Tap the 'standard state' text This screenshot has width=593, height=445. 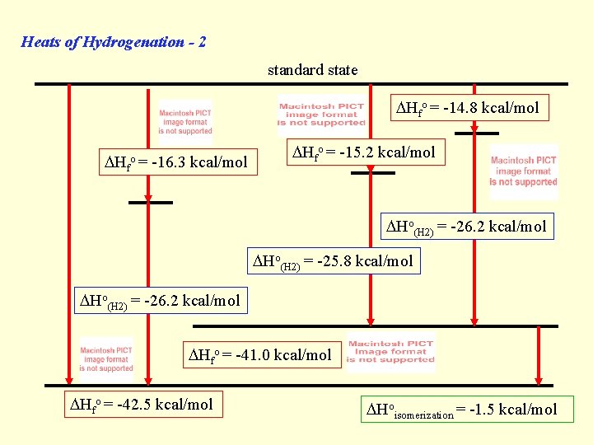[312, 70]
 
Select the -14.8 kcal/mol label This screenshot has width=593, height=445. [469, 107]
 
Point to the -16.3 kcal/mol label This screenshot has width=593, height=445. [173, 162]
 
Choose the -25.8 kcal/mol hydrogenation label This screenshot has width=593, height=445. [333, 262]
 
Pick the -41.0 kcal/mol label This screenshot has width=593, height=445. [260, 355]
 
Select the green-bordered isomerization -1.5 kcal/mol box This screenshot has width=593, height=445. [461, 410]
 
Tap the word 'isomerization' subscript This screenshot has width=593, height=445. [424, 415]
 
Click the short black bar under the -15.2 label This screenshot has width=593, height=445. [373, 173]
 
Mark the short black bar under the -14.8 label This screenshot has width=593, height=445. [477, 133]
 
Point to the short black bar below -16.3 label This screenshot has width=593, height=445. [151, 202]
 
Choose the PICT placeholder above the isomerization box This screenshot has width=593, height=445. [390, 352]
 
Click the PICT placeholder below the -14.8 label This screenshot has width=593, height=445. [524, 171]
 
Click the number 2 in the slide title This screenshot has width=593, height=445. [201, 42]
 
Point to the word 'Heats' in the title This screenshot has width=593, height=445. [40, 42]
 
